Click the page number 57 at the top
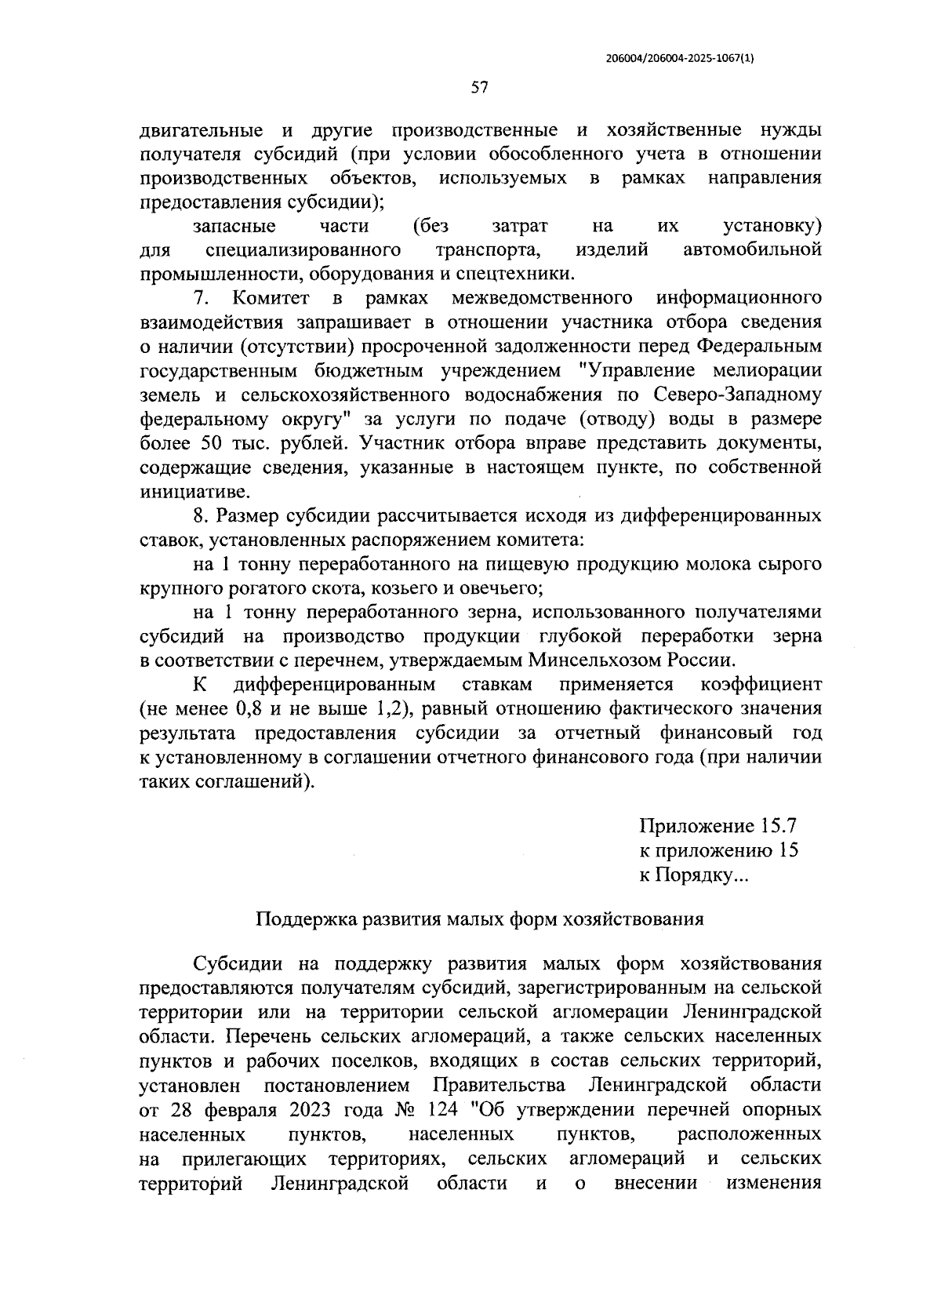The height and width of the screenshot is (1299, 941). pyautogui.click(x=480, y=88)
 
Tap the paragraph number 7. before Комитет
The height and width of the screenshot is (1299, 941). pyautogui.click(x=202, y=298)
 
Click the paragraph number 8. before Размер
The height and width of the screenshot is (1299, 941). pyautogui.click(x=201, y=516)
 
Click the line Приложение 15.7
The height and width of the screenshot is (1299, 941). pyautogui.click(x=718, y=827)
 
